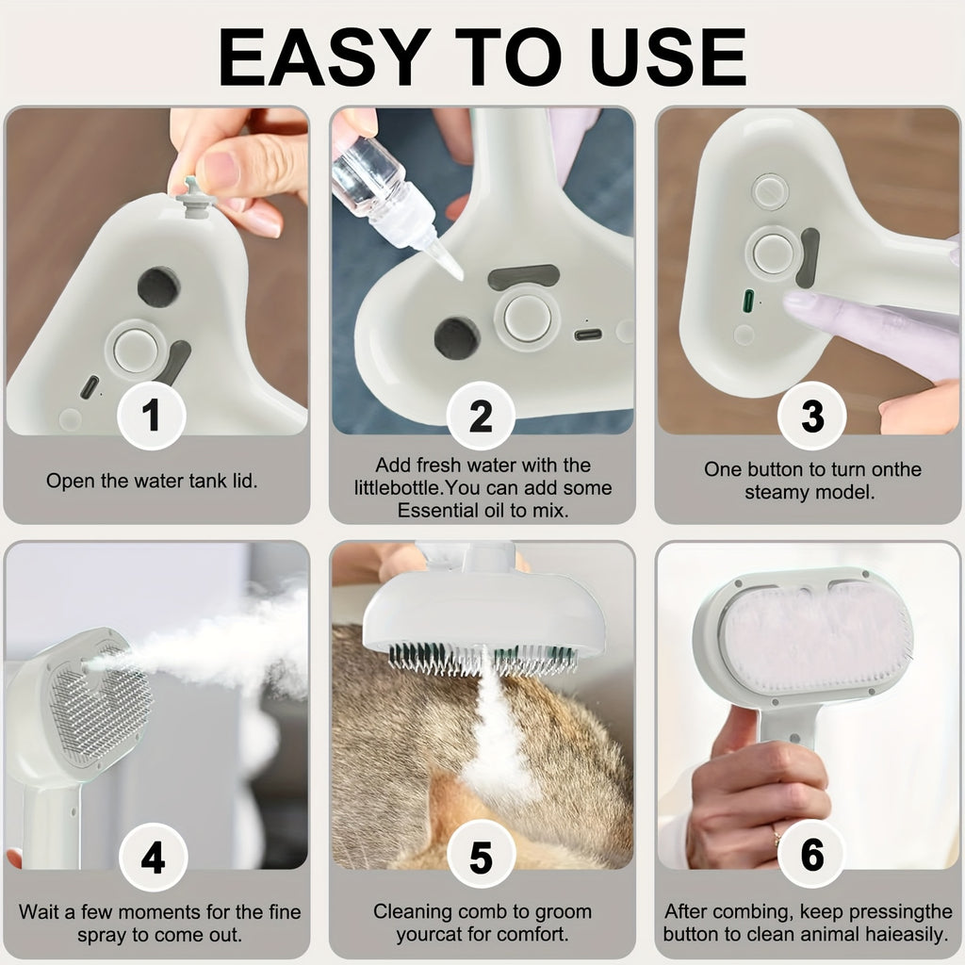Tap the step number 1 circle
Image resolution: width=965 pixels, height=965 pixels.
pyautogui.click(x=152, y=416)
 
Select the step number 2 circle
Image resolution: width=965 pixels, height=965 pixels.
pyautogui.click(x=481, y=416)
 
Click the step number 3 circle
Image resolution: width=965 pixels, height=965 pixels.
pyautogui.click(x=811, y=416)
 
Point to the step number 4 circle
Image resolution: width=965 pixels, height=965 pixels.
pyautogui.click(x=153, y=857)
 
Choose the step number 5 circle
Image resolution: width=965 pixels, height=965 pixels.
pyautogui.click(x=481, y=857)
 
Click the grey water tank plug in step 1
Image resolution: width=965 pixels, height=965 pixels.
pyautogui.click(x=194, y=197)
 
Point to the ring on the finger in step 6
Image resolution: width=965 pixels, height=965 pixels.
pyautogui.click(x=776, y=833)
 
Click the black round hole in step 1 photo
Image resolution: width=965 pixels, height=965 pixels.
pyautogui.click(x=158, y=286)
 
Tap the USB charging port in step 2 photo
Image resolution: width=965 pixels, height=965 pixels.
pyautogui.click(x=588, y=334)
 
